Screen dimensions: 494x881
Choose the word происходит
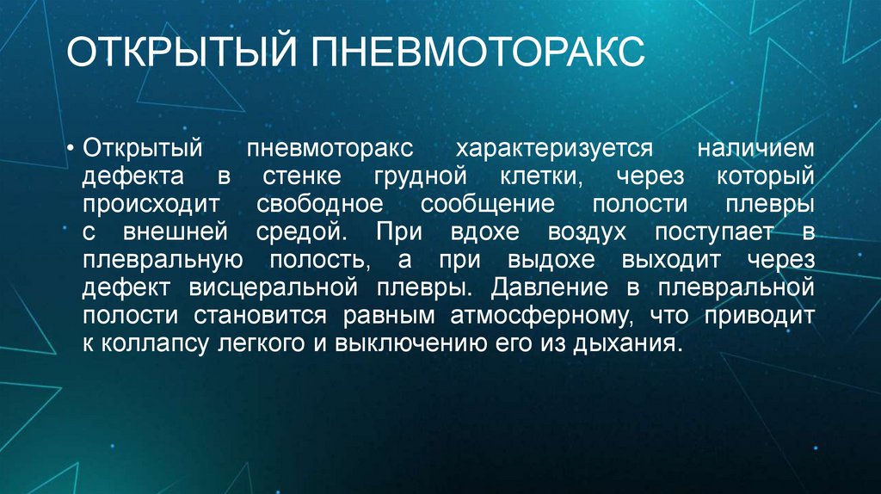tap(152, 205)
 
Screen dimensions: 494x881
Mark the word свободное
tap(318, 205)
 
